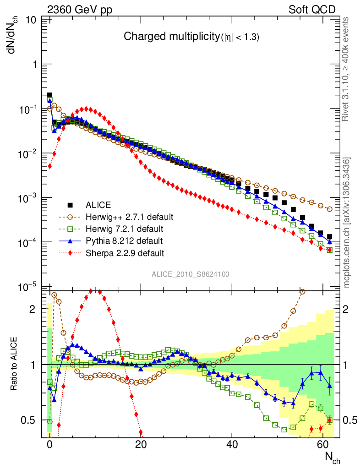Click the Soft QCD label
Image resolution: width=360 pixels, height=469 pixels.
312,10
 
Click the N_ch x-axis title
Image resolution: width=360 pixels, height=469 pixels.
333,457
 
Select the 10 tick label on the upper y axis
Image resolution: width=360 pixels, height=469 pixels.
32,20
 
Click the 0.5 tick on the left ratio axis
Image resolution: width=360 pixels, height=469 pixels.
29,420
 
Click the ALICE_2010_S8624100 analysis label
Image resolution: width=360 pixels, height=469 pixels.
191,274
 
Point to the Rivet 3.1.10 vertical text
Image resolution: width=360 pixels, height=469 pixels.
346,69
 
